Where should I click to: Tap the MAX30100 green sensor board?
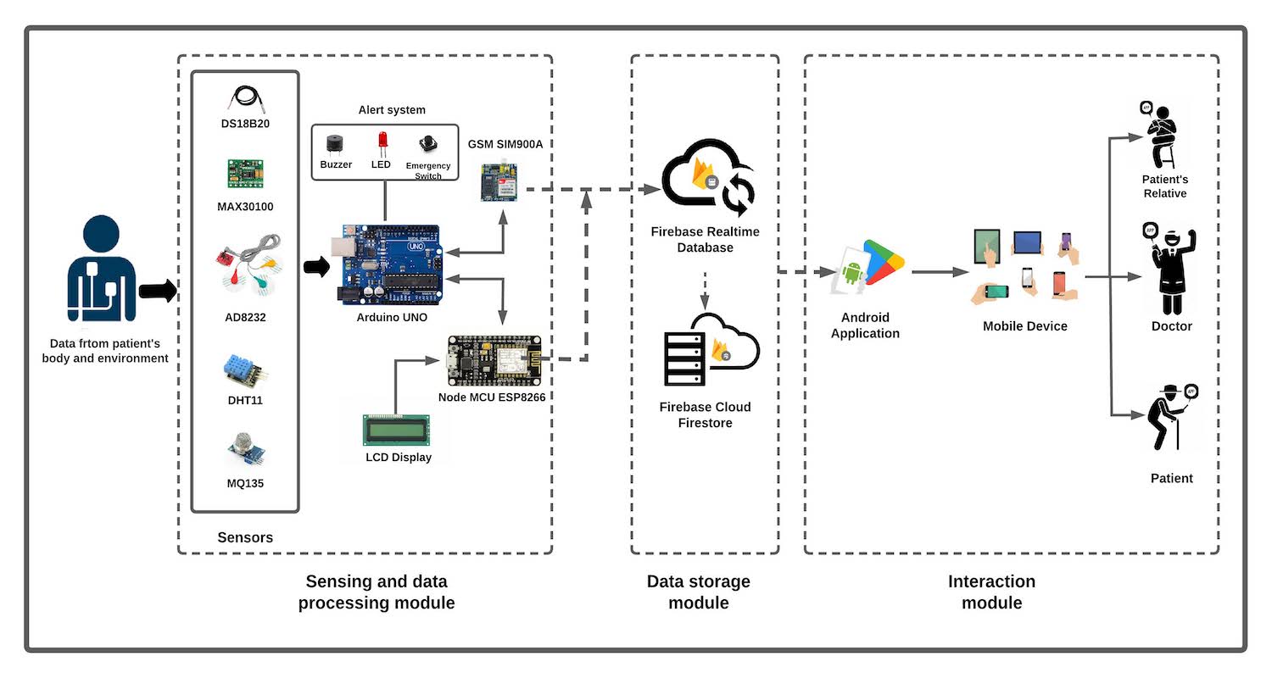(244, 174)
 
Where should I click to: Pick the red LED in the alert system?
(382, 141)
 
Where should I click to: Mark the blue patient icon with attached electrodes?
(101, 271)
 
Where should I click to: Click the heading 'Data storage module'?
(698, 592)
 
